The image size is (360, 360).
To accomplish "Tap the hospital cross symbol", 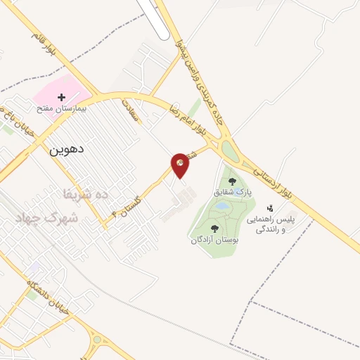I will pyautogui.click(x=61, y=96).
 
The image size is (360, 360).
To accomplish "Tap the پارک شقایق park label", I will pyautogui.click(x=232, y=191).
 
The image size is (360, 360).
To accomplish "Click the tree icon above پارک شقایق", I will pyautogui.click(x=232, y=181).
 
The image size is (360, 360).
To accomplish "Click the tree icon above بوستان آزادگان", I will pyautogui.click(x=214, y=229).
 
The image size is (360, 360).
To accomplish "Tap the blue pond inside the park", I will pyautogui.click(x=222, y=207).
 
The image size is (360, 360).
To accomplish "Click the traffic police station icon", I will pyautogui.click(x=270, y=208).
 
